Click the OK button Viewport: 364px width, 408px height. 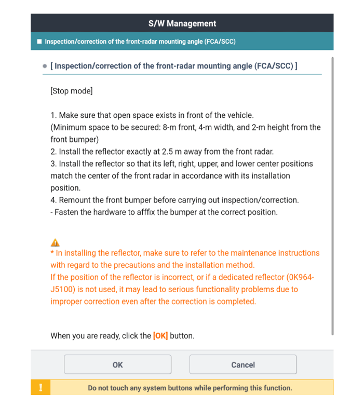(117, 364)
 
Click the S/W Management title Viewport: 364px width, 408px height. (182, 23)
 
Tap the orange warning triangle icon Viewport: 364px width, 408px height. (55, 242)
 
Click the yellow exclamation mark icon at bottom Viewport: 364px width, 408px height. (41, 388)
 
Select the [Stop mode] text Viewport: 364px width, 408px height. (71, 91)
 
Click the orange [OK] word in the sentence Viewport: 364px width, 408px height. (160, 336)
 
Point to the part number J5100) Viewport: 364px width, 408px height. (64, 289)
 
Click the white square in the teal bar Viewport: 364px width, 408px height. (39, 41)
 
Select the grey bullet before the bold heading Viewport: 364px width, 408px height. (45, 66)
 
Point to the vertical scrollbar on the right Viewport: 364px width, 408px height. (332, 197)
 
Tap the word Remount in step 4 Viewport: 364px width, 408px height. (76, 200)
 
